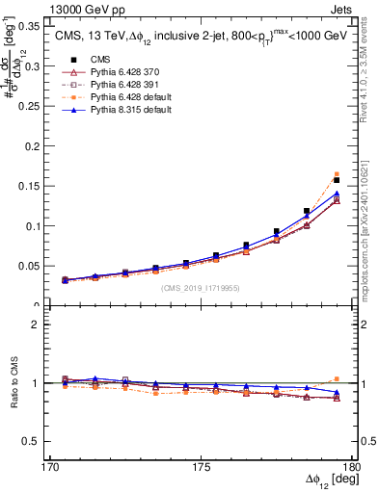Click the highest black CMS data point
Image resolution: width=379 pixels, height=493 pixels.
pos(337,180)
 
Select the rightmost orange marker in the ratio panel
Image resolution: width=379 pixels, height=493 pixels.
pos(337,379)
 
